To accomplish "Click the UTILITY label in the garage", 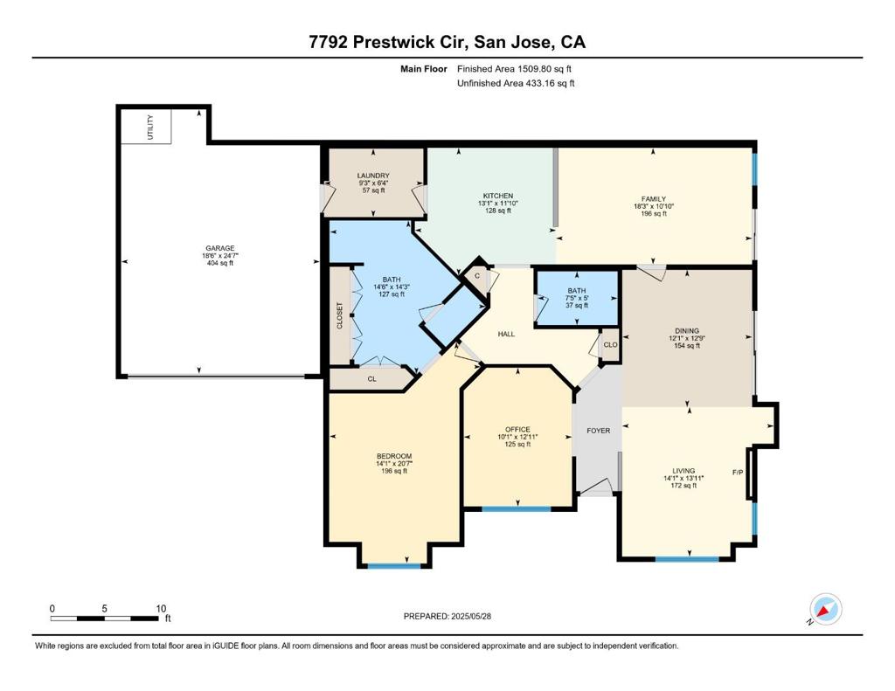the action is coord(150,127).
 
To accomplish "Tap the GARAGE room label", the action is coord(219,248).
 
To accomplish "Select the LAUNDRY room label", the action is coord(373,176).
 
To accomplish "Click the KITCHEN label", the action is coord(497,196).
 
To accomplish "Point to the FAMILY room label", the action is coord(654,199).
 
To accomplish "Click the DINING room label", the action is coord(687,331).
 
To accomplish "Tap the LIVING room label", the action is coord(683,472).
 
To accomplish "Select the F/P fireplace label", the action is coord(738,473).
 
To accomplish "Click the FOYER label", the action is coord(598,431).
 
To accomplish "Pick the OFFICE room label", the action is coord(517,430).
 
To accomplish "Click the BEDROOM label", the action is coord(394,457).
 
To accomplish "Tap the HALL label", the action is coord(506,335).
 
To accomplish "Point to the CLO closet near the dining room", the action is coord(610,345).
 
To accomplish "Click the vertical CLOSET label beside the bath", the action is coord(340,315).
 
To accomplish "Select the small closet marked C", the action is coord(477,276).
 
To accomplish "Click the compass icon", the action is coord(825,610).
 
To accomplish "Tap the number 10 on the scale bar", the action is coord(161,609).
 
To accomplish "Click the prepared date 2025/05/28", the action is coord(471,616).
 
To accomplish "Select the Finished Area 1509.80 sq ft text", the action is coord(514,69).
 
